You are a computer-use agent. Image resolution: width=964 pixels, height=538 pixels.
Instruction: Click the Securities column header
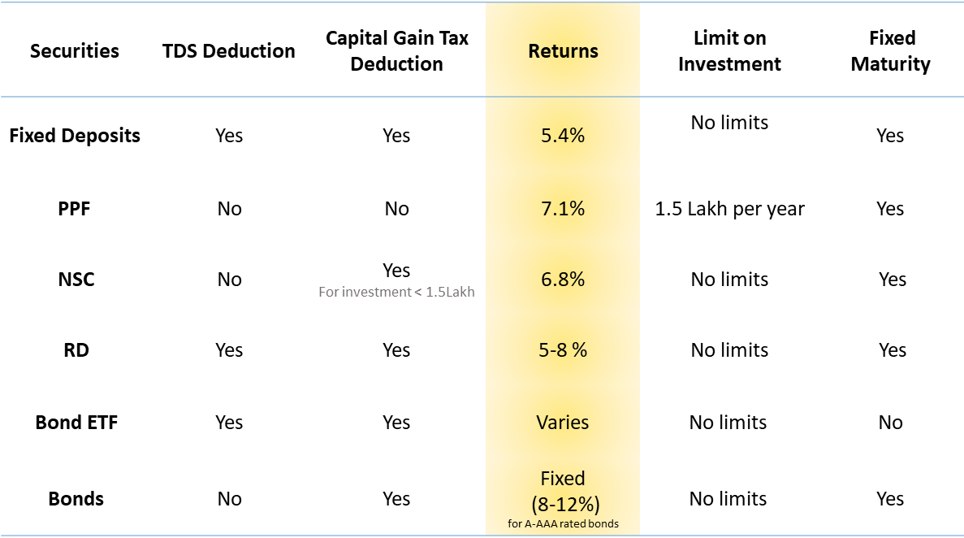coord(75,51)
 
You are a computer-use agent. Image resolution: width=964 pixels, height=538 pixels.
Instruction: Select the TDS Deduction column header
coord(229,51)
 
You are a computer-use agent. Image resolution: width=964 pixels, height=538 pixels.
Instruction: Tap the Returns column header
coord(563,51)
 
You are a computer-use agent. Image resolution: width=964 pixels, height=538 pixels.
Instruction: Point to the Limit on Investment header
coord(729,51)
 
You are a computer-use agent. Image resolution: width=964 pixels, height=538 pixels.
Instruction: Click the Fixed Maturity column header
coord(891,51)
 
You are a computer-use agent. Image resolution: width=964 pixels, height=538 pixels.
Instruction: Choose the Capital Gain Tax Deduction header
coord(396,51)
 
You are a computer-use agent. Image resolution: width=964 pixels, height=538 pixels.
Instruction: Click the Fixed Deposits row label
coord(75,136)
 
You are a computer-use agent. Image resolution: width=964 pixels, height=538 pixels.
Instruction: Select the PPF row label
coord(75,209)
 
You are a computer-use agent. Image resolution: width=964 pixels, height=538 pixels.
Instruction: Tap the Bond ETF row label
coord(76,423)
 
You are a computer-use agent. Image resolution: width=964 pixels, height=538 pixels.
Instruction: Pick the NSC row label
coord(76,280)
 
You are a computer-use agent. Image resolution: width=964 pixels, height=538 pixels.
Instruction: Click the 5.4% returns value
coord(563,136)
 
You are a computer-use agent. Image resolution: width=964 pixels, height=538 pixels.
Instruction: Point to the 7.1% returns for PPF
coord(563,209)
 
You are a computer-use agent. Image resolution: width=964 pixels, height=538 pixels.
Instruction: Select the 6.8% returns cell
coord(563,280)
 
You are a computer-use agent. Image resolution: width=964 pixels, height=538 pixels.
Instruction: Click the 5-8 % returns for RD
coord(563,350)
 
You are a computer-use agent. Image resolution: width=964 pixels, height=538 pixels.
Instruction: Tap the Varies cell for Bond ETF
coord(563,423)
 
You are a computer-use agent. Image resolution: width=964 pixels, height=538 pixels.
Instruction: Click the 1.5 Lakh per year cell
coord(729,209)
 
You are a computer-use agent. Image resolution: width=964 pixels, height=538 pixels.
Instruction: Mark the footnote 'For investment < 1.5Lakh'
coord(396,293)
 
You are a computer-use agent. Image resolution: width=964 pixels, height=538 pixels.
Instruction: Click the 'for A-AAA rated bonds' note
coord(563,523)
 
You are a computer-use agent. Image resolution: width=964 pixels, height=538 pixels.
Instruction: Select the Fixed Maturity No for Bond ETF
coord(891,423)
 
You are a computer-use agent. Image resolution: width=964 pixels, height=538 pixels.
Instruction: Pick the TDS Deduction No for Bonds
coord(229,499)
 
